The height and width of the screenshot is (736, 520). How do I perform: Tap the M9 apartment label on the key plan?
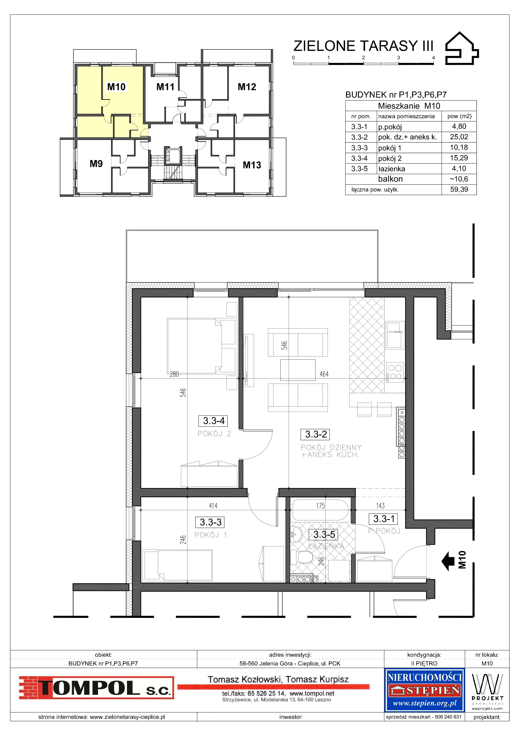point(96,164)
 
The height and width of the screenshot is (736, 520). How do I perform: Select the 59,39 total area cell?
point(459,189)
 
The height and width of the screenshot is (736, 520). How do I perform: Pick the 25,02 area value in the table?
point(459,137)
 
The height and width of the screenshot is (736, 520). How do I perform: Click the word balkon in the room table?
point(390,179)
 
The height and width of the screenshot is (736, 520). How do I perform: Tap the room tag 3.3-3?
point(210,522)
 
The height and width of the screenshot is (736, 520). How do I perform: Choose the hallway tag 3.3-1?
point(384,518)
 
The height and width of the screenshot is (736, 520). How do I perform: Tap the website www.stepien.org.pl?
point(425,703)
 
